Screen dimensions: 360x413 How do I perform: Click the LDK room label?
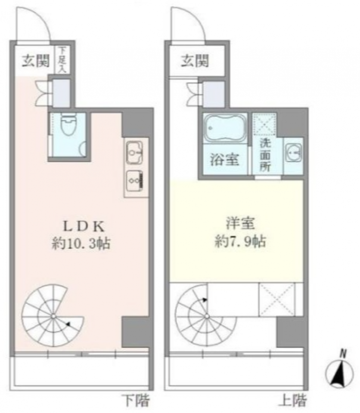84,227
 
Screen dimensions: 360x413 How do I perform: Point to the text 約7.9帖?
240,241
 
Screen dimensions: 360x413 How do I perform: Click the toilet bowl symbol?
68,126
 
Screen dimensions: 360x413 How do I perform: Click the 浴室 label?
225,159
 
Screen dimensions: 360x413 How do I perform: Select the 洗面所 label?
266,155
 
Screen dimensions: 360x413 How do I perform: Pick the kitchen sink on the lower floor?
134,152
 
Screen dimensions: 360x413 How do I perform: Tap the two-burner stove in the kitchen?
134,181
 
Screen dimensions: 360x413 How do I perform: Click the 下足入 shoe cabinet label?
63,60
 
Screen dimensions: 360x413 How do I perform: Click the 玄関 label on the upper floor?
195,61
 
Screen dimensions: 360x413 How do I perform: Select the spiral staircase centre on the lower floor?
53,315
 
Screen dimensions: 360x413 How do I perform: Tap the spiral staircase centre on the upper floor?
207,315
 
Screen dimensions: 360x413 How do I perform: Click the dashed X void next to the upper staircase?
277,299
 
